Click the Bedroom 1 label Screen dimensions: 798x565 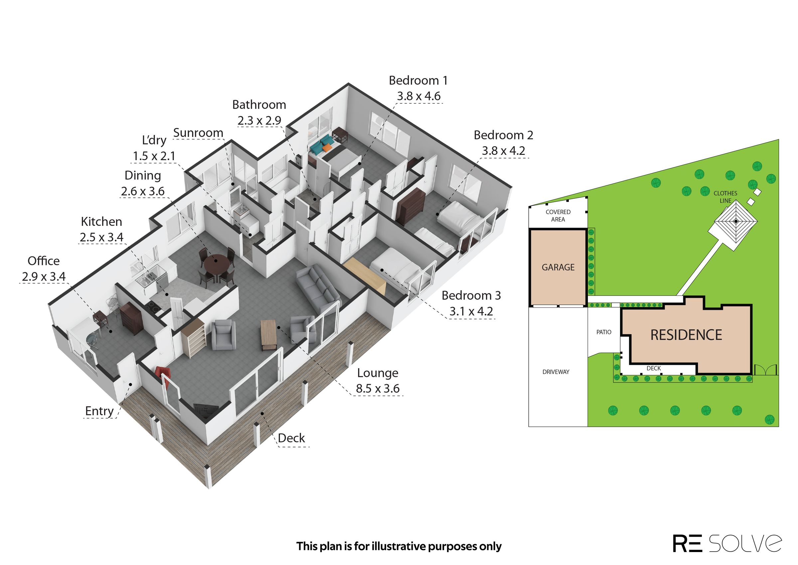418,81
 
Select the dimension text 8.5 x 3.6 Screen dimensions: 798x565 378,389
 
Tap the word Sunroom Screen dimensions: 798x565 198,133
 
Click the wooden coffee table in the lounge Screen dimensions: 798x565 269,335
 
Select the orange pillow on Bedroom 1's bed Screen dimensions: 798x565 326,148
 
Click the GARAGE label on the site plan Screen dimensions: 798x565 558,267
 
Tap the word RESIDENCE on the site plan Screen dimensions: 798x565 686,335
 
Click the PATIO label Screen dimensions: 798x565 604,332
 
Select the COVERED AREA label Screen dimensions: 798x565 558,216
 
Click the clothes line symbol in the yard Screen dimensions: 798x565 735,222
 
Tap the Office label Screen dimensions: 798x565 44,261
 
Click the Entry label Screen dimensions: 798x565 99,411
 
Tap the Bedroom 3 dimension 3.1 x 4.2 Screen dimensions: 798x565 471,311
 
